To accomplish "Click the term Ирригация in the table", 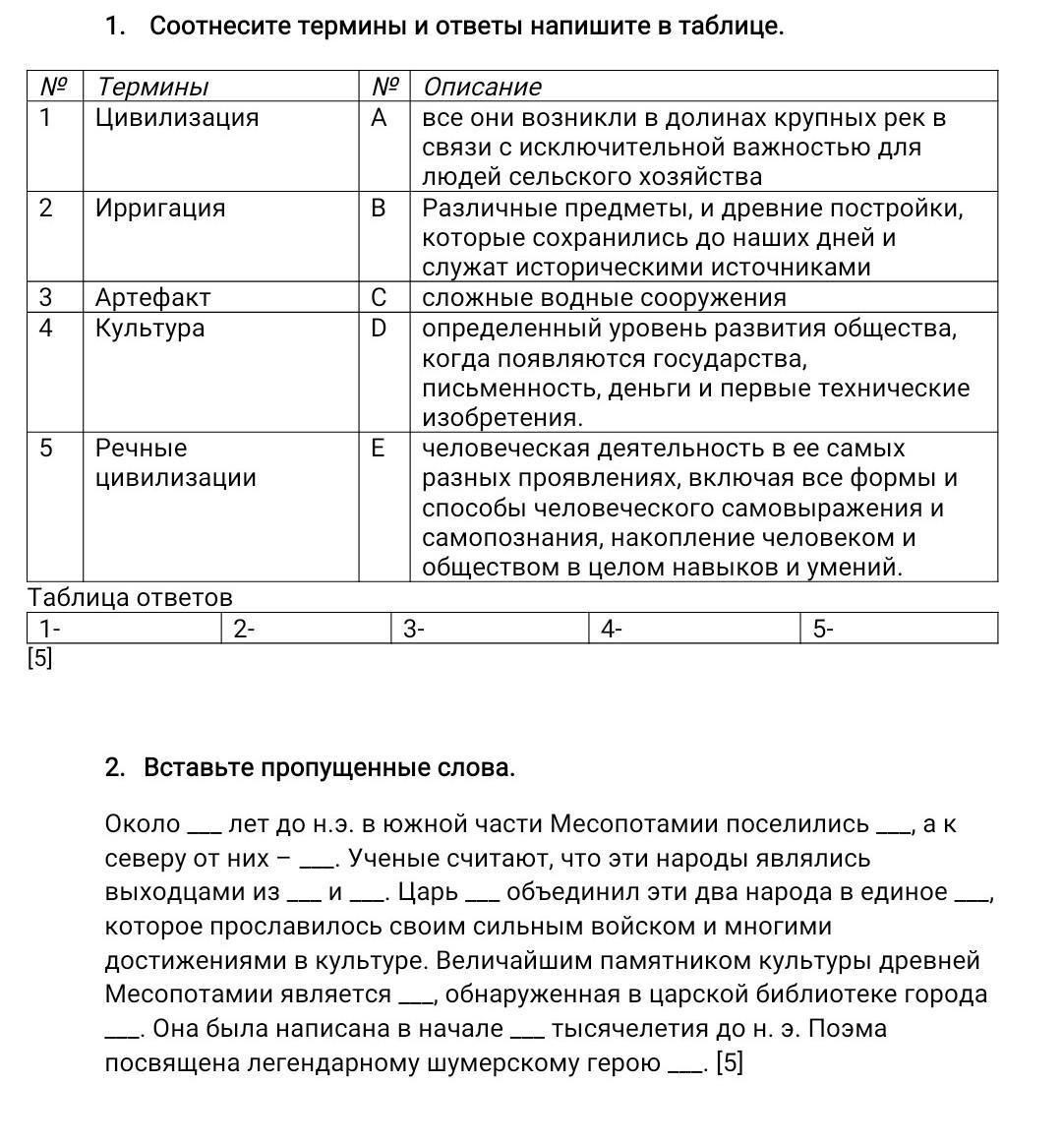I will pos(160,209).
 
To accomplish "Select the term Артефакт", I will pos(152,297).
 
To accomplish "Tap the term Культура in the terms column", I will pos(149,328).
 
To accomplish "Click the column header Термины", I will pos(152,87).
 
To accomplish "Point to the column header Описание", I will pos(482,87).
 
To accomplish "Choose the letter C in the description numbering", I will pos(379,297).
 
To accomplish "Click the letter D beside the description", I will pos(379,328).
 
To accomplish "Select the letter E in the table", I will pos(378,449).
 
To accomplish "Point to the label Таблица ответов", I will pos(130,598).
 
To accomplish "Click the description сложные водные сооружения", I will pos(604,297).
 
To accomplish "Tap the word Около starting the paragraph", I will pos(143,824).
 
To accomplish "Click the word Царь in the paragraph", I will pos(430,892).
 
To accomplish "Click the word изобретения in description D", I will pos(501,418).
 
